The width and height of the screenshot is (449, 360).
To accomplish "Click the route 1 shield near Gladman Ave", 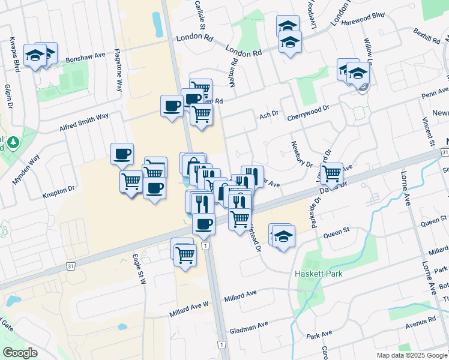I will click(221, 344).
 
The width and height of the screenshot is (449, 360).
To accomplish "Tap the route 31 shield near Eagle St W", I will click(70, 266).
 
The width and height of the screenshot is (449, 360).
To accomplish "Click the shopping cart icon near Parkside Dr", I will click(331, 173).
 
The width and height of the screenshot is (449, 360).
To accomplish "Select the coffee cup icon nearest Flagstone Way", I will click(122, 154).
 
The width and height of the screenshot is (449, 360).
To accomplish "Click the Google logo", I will click(20, 353).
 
